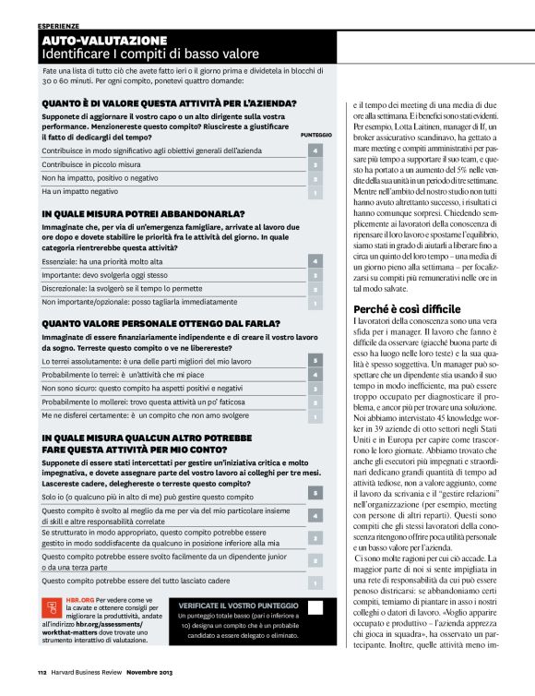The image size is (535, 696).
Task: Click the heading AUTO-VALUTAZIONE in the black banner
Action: point(103,41)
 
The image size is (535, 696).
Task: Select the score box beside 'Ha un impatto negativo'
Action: point(315,193)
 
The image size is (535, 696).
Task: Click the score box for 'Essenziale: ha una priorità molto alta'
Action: point(315,262)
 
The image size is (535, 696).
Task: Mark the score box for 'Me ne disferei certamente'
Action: point(315,416)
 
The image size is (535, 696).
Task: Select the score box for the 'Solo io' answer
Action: point(315,494)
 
